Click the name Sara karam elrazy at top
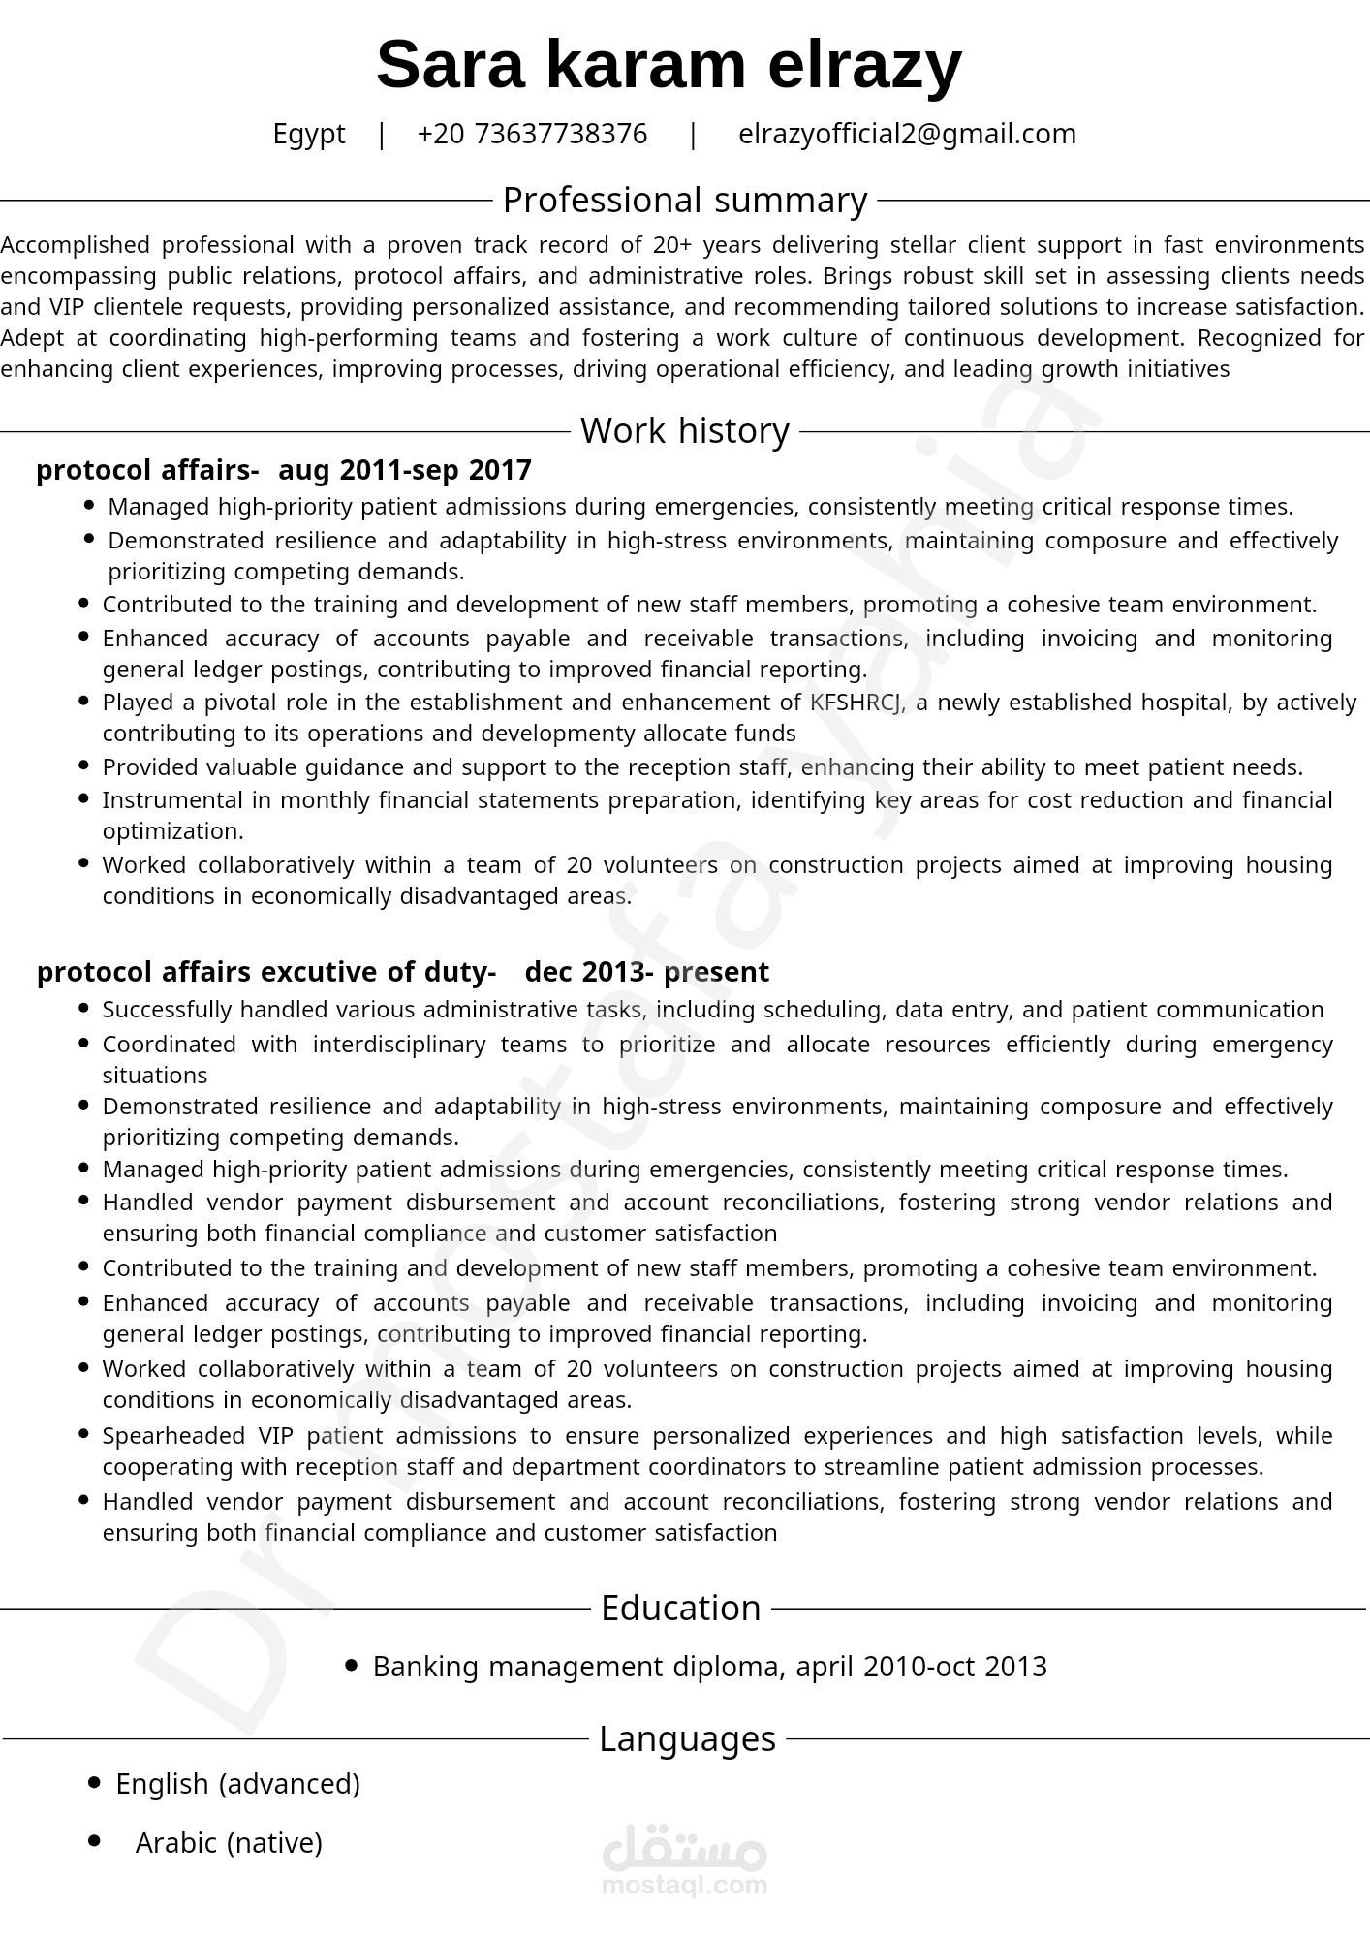point(669,66)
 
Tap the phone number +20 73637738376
point(532,134)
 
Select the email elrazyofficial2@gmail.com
point(907,134)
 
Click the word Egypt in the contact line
point(308,134)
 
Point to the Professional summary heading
point(684,201)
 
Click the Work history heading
point(684,431)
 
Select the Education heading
point(680,1609)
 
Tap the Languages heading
point(687,1739)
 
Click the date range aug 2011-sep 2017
point(405,470)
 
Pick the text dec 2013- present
point(646,972)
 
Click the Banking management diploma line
point(709,1667)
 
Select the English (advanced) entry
point(237,1784)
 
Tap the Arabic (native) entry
point(229,1843)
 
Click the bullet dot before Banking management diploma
point(352,1666)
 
